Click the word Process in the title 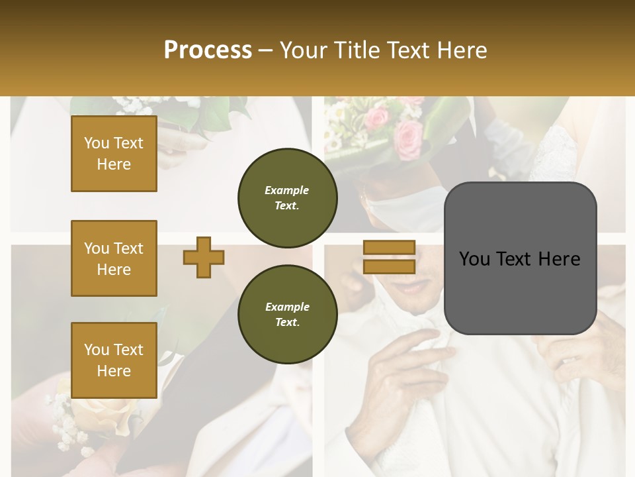pos(208,50)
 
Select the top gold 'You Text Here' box pos(114,154)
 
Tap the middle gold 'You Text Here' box pos(114,258)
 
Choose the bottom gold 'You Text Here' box pos(114,360)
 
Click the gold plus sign pos(204,257)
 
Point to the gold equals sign pos(390,257)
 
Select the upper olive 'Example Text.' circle pos(287,197)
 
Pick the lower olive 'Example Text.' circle pos(287,314)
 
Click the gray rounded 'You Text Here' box pos(520,258)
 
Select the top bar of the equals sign pos(390,248)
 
